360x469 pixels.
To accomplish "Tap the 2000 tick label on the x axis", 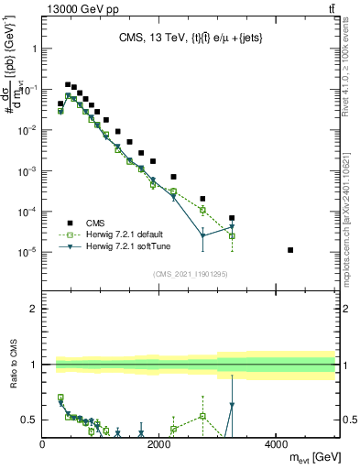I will (159, 444).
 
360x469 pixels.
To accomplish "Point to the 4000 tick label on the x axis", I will (276, 444).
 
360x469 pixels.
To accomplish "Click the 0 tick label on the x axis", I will (43, 444).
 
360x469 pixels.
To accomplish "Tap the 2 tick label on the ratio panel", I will (33, 309).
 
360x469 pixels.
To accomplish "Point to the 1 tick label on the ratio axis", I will (33, 365).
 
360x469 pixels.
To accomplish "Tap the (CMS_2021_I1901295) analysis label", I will (189, 274).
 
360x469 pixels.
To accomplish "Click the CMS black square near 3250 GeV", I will (232, 218).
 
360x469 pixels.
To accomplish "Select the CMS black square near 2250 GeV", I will (173, 176).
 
